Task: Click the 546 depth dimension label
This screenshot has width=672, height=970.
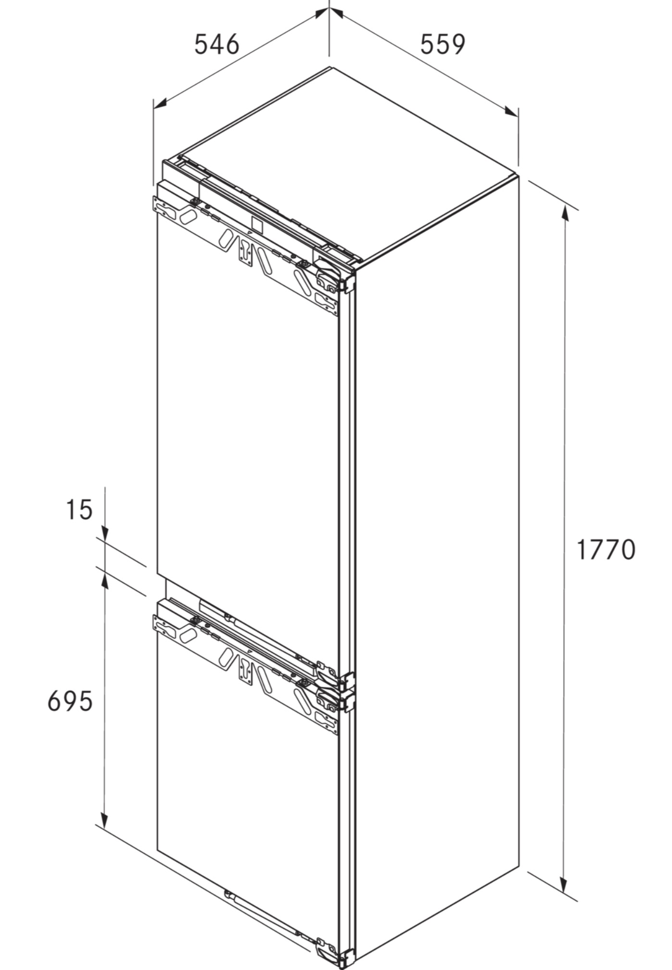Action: [216, 44]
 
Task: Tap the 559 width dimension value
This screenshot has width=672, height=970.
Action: [443, 44]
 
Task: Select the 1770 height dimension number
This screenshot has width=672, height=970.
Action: [606, 549]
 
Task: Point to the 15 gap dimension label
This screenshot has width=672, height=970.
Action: [79, 510]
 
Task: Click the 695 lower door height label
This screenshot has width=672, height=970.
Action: [70, 701]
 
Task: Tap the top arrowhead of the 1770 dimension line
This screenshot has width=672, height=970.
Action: [567, 215]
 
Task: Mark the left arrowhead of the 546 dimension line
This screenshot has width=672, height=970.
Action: [160, 103]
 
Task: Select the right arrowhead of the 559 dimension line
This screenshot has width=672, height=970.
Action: [511, 111]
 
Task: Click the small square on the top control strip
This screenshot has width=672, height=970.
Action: [257, 224]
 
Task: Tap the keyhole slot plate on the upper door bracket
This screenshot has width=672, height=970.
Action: [246, 251]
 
